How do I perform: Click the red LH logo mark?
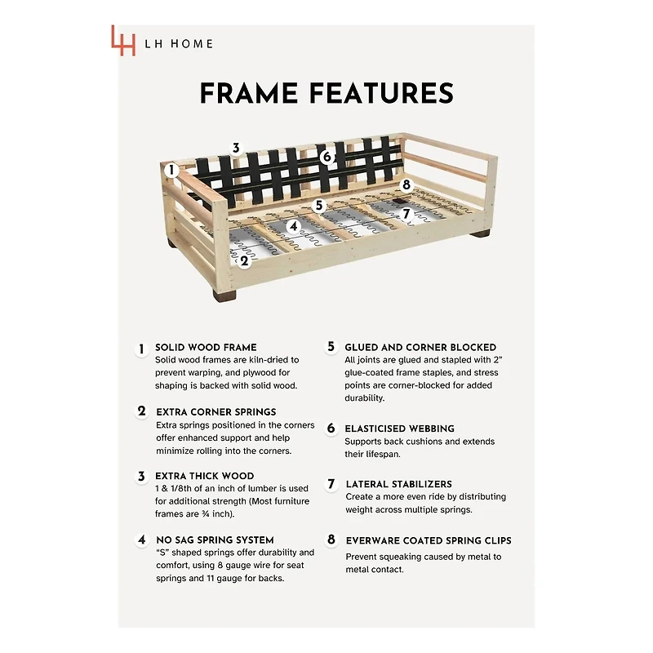123,40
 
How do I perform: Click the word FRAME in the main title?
249,93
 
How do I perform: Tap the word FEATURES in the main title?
381,93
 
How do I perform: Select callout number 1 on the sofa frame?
171,170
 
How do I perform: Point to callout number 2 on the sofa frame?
244,261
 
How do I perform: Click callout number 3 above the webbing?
236,148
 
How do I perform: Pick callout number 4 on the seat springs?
294,227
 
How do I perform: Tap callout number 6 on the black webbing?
327,157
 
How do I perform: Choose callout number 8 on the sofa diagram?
406,184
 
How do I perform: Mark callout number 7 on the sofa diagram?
406,214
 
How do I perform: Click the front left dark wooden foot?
224,295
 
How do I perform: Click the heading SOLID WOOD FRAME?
206,348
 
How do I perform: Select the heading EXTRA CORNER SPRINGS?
216,412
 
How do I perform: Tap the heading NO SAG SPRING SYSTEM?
215,540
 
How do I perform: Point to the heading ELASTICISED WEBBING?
399,429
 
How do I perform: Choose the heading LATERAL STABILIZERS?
398,484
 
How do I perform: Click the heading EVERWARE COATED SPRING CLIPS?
429,540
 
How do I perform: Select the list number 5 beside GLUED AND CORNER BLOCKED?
331,346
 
